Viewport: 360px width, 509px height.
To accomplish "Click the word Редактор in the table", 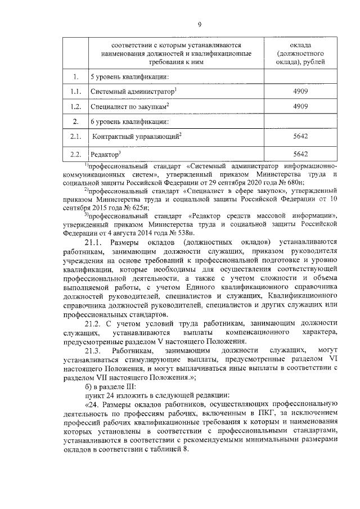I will coord(105,154).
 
